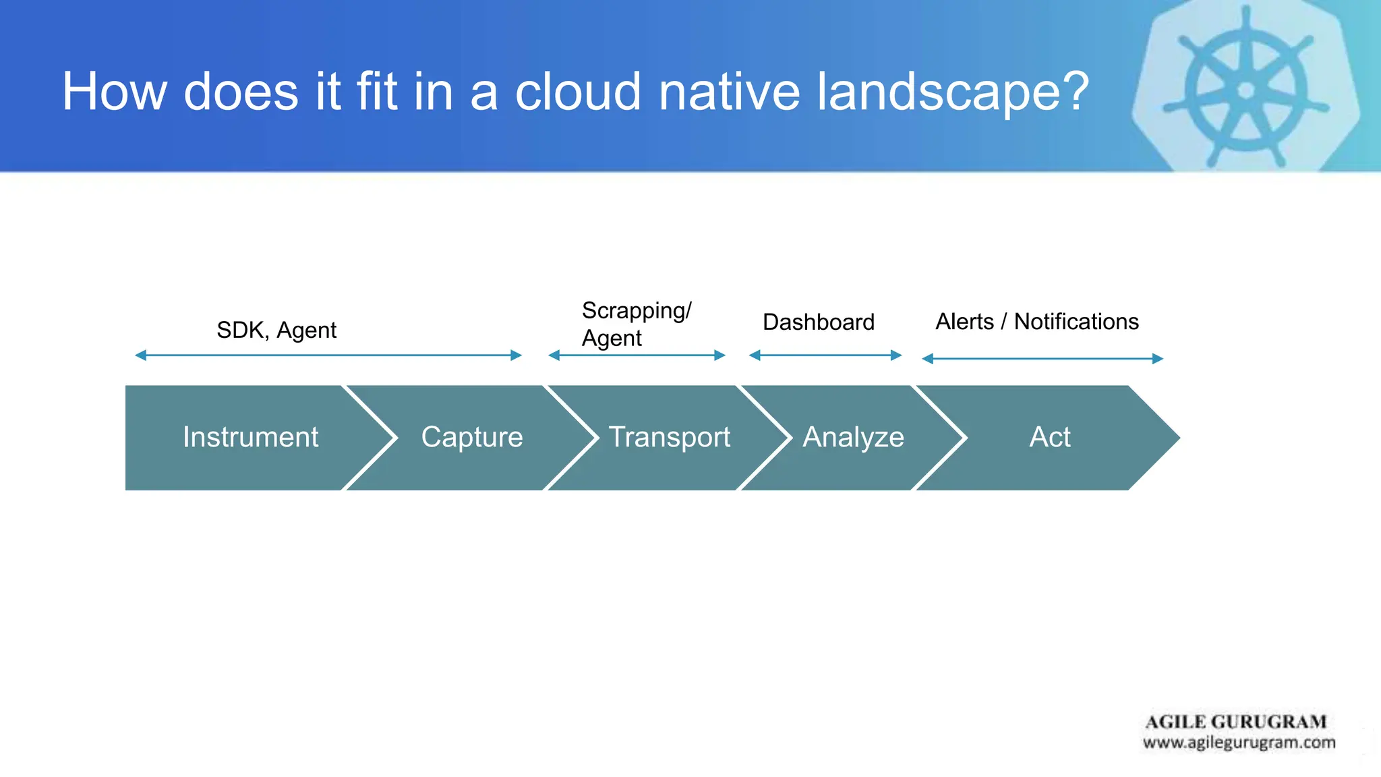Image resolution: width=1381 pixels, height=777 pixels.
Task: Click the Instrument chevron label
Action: pos(250,437)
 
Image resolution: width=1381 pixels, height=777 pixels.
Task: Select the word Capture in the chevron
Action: pos(472,437)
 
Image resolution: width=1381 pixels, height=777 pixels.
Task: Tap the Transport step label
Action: pos(669,437)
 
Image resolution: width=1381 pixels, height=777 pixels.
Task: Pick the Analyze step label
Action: pos(853,437)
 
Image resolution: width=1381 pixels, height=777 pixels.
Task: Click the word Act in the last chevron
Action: pos(1049,437)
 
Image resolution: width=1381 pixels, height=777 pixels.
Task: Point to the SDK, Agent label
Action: pos(276,330)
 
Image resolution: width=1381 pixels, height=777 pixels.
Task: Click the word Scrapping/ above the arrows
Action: pos(637,311)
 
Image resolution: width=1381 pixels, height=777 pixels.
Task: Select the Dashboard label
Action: pos(818,322)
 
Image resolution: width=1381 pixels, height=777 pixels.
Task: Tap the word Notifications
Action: pos(1076,322)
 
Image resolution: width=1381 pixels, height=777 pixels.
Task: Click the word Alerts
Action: pos(964,322)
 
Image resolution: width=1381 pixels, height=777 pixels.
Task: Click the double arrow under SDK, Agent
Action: pos(328,355)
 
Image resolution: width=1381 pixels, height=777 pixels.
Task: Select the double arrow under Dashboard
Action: pos(825,355)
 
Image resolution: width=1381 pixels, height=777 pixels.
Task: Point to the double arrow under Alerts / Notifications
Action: pos(1042,359)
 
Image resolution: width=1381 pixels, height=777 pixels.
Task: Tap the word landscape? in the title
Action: pos(953,92)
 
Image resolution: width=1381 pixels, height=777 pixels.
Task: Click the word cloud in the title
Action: pos(578,92)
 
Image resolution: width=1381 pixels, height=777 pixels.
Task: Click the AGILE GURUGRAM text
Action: pos(1235,722)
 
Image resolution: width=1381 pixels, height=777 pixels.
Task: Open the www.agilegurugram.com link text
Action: pos(1239,743)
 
